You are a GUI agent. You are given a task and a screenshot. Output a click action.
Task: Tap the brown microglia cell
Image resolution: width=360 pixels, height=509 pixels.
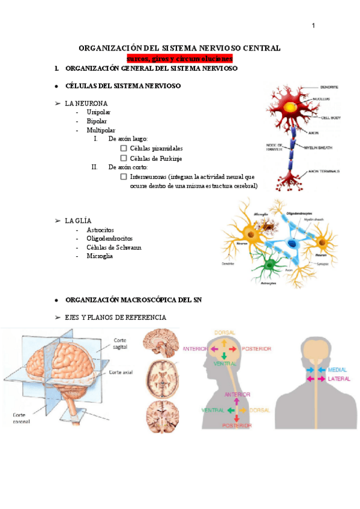pyautogui.click(x=265, y=227)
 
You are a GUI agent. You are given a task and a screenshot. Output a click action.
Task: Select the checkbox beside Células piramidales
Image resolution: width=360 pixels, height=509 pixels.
pyautogui.click(x=124, y=148)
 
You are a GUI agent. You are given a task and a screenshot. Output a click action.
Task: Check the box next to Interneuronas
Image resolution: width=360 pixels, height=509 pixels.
pyautogui.click(x=124, y=177)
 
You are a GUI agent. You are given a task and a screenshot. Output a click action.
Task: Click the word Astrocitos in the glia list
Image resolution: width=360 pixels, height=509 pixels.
pyautogui.click(x=100, y=230)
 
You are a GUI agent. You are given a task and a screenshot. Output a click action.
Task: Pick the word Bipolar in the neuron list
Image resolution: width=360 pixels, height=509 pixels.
pyautogui.click(x=97, y=121)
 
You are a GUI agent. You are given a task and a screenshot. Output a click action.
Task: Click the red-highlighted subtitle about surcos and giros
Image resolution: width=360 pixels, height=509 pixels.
pyautogui.click(x=180, y=58)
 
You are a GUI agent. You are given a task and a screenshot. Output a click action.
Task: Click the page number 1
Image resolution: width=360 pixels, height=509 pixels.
pyautogui.click(x=313, y=25)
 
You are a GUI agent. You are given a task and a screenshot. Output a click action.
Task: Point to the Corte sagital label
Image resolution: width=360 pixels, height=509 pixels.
pyautogui.click(x=123, y=344)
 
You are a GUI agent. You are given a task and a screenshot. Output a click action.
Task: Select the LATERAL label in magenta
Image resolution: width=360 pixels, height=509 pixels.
pyautogui.click(x=340, y=379)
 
